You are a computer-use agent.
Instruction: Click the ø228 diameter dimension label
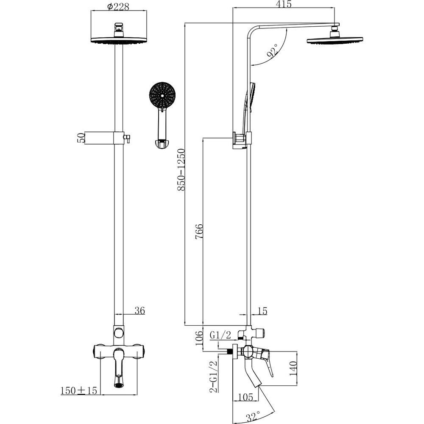tap(118, 6)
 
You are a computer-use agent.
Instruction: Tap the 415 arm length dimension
tap(284, 4)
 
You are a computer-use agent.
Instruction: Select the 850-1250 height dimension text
tap(181, 169)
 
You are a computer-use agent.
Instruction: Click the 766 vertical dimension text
tap(199, 232)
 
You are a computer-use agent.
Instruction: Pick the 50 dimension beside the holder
tap(81, 138)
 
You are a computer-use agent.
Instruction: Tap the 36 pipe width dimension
tap(139, 311)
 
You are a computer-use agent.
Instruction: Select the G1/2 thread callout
tap(220, 335)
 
